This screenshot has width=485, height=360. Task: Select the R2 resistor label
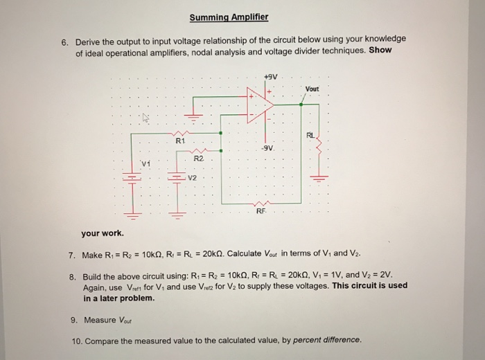198,159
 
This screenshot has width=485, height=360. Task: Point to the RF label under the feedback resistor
261,211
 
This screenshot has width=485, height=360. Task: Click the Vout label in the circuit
312,89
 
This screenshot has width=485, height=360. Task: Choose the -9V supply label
269,147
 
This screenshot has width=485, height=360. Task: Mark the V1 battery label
144,163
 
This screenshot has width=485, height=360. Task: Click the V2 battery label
193,179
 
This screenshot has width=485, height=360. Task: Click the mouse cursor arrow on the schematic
144,118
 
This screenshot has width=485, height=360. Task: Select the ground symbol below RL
319,177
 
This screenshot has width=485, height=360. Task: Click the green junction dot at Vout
301,105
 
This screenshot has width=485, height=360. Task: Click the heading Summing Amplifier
228,17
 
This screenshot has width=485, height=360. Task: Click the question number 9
73,320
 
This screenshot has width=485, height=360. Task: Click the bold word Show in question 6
380,51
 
